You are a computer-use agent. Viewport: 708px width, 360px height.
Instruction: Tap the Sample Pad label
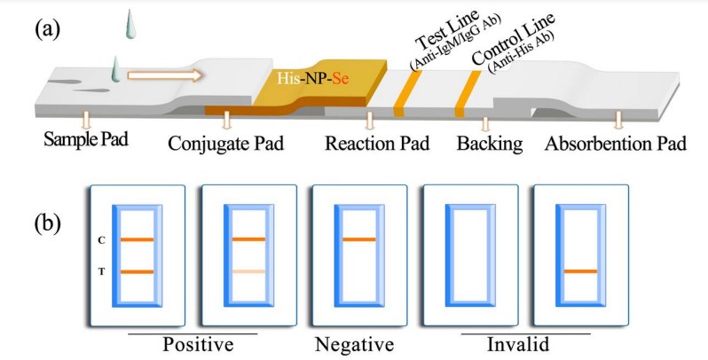pos(79,143)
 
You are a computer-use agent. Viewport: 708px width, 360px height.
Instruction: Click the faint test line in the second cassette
pos(248,271)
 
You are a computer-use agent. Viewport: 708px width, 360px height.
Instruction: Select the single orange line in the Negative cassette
pos(358,240)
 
